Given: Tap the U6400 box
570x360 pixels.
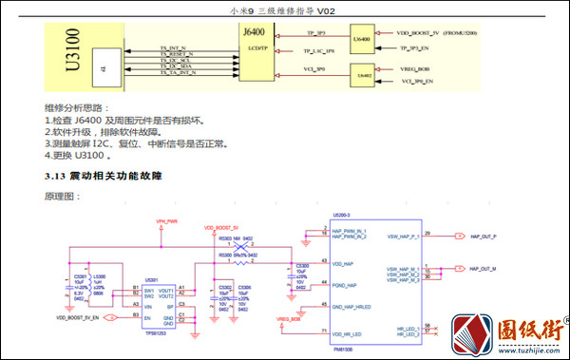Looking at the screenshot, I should pyautogui.click(x=361, y=39).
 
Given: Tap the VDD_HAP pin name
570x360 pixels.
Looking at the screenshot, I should pyautogui.click(x=343, y=263).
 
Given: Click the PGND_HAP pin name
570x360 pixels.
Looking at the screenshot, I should pyautogui.click(x=345, y=284).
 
